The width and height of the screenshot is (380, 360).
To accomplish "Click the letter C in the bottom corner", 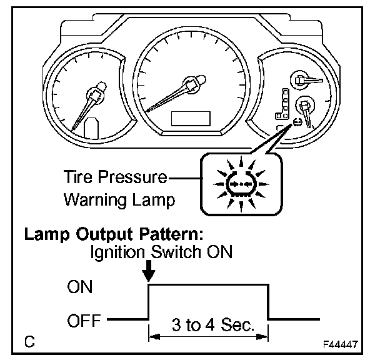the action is pyautogui.click(x=29, y=342).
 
